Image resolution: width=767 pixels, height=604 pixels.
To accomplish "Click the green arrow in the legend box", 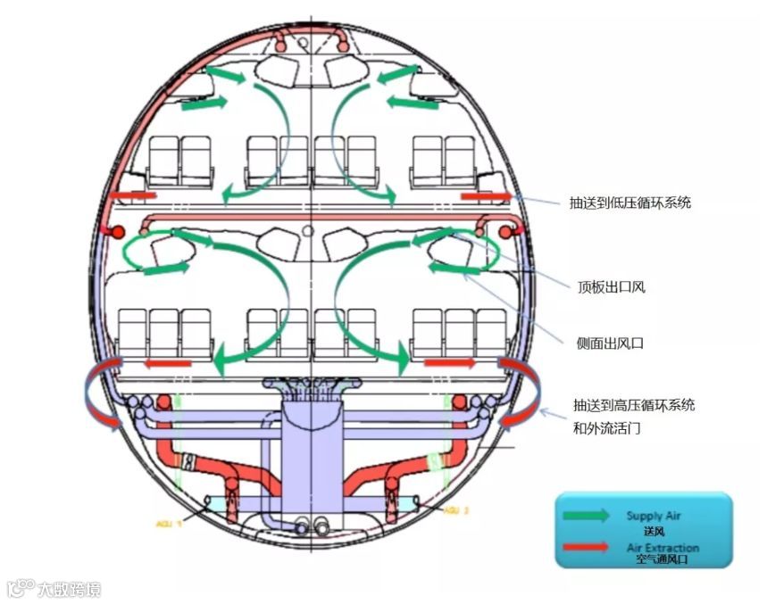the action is tap(586, 515).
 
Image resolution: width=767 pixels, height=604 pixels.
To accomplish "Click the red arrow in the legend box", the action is tap(585, 547).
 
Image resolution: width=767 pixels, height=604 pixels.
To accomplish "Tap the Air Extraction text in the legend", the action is tap(663, 547).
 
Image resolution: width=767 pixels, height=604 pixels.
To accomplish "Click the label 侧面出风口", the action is tap(612, 342).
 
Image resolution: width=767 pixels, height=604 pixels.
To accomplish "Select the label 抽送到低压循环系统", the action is tap(630, 203).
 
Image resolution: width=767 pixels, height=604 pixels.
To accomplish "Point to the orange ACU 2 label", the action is tap(462, 510).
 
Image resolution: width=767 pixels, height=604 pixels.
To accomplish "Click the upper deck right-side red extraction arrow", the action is tap(487, 195).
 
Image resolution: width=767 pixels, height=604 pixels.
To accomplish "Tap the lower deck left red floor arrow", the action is tap(168, 363).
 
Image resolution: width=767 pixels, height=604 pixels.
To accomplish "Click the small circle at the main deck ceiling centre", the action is tap(308, 231).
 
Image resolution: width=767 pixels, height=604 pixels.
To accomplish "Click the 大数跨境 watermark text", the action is tap(68, 589).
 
